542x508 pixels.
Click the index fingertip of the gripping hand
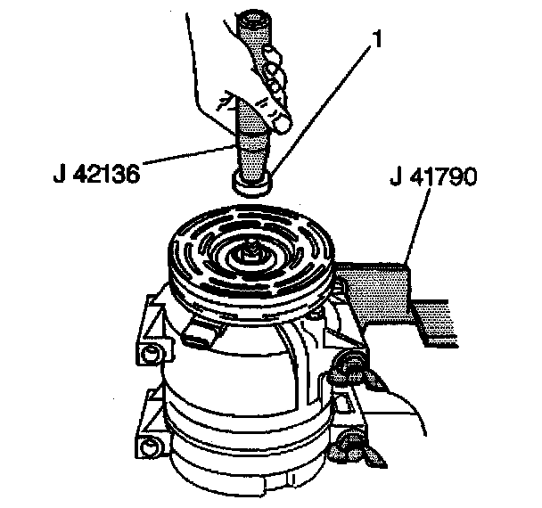tap(284, 117)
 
